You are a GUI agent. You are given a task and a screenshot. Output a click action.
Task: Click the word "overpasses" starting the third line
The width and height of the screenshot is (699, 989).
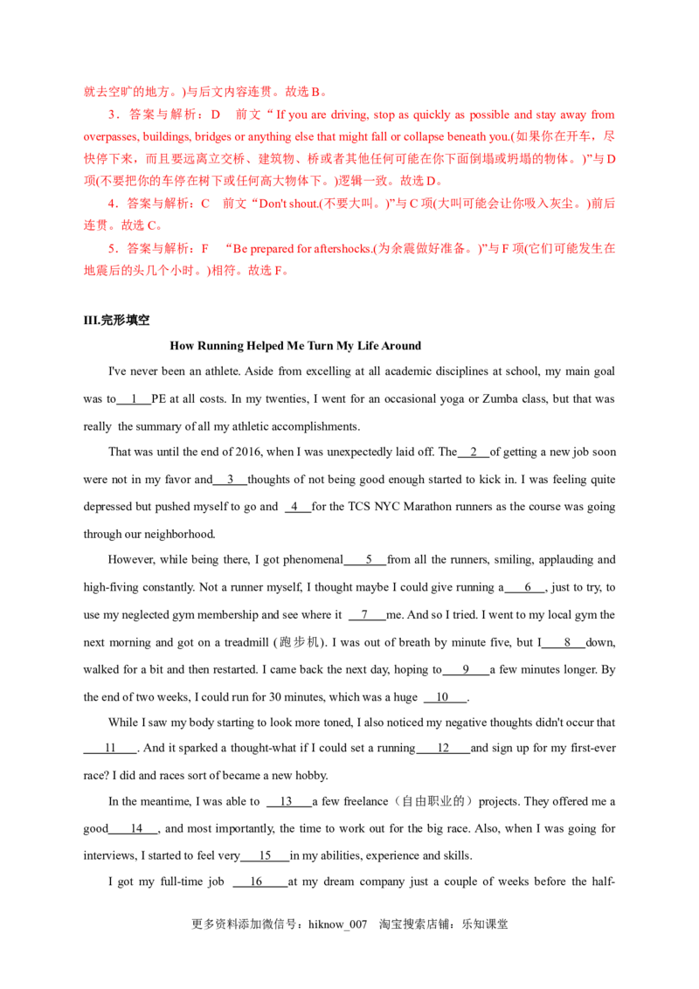105,136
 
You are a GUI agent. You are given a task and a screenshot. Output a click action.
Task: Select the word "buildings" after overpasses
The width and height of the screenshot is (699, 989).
157,136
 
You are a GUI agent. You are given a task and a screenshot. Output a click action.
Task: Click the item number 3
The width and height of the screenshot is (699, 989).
110,114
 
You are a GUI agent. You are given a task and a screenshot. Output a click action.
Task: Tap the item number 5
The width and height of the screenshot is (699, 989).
110,249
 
